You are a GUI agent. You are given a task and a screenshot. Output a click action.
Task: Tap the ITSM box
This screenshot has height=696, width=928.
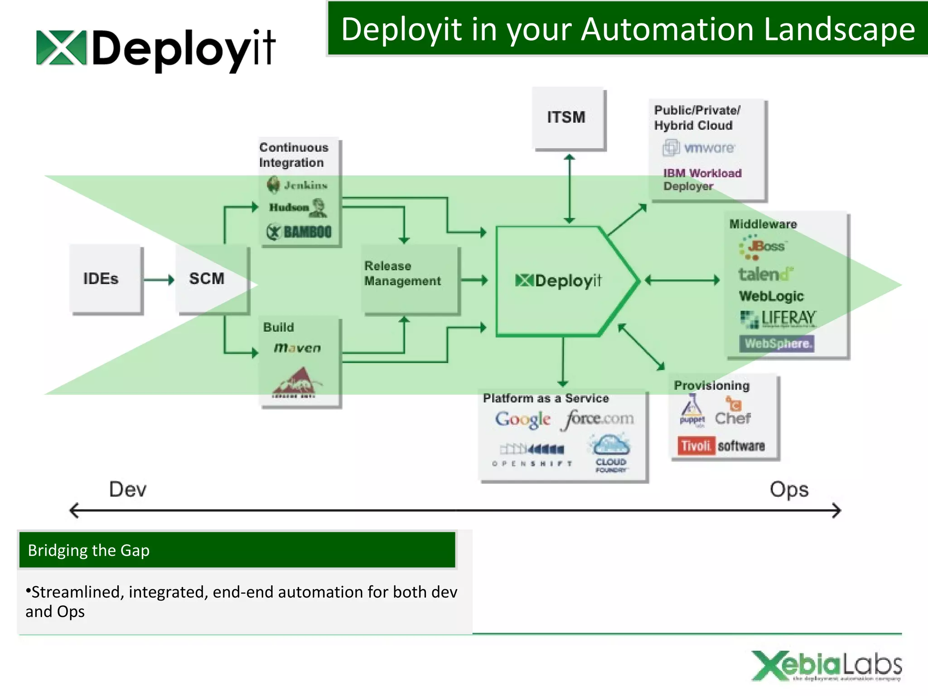[x=567, y=117]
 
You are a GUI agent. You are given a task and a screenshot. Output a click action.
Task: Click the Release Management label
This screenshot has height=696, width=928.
[x=402, y=273]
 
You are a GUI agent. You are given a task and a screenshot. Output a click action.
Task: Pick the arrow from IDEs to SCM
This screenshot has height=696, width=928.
[x=158, y=280]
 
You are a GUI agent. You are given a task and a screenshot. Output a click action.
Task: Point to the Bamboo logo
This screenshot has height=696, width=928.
[x=300, y=232]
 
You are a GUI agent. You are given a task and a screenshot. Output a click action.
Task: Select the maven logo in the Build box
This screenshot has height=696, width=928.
[x=297, y=348]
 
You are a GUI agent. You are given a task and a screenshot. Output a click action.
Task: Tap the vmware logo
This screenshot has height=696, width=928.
[x=699, y=148]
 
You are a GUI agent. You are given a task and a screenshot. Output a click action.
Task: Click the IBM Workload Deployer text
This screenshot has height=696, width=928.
[x=701, y=179]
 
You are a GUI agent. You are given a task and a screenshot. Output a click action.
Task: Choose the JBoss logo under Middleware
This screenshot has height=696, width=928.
[x=763, y=247]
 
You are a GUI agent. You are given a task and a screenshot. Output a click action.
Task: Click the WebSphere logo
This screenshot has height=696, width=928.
[x=777, y=343]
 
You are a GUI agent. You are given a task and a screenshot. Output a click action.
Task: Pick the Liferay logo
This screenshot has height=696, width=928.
[x=778, y=319]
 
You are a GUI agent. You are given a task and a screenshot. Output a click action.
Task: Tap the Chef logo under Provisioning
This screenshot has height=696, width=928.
[x=733, y=412]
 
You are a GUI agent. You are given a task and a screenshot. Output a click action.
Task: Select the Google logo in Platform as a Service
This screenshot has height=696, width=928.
[x=523, y=419]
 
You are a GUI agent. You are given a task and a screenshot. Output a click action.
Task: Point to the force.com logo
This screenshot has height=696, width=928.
[x=598, y=419]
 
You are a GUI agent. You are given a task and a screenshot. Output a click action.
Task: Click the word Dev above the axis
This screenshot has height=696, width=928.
[x=128, y=489]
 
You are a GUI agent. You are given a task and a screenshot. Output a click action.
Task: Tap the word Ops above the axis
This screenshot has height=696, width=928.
[x=789, y=490]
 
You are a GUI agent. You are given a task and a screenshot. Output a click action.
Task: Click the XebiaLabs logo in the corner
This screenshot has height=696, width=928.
[x=826, y=666]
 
